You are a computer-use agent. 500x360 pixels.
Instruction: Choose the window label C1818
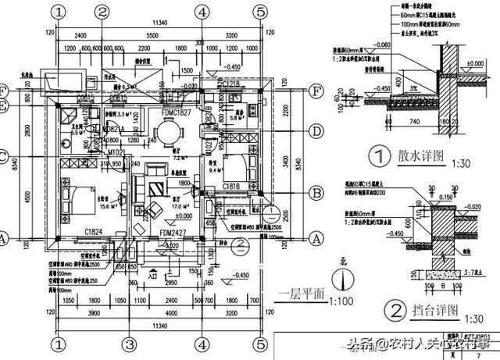pyautogui.click(x=230, y=187)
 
